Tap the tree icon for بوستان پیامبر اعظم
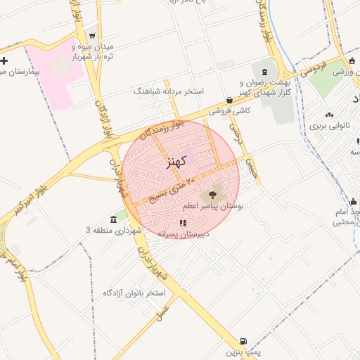tap(212, 194)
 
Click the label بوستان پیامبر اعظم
tap(212, 207)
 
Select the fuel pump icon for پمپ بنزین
tap(244, 340)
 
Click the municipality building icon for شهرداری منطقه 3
tap(114, 219)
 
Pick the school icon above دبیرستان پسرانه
tap(183, 223)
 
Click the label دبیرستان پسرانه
tap(169, 235)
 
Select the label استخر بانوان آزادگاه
tap(134, 291)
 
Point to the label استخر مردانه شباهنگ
tap(169, 91)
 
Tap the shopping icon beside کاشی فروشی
tap(230, 101)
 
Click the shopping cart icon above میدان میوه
tap(92, 36)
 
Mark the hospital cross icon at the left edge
tap(4, 60)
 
